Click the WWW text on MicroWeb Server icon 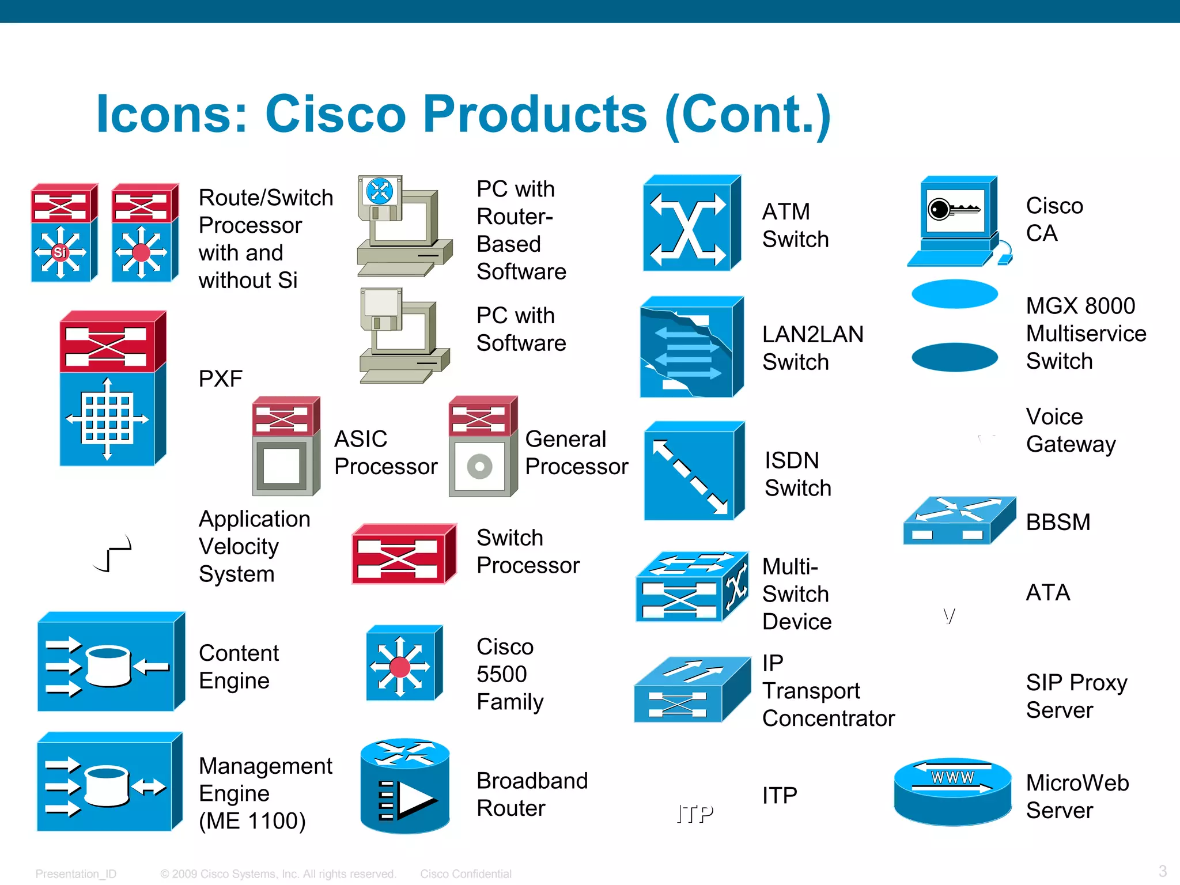pyautogui.click(x=952, y=777)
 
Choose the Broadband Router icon pyautogui.click(x=404, y=786)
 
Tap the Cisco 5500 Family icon pyautogui.click(x=403, y=664)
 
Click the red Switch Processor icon pyautogui.click(x=403, y=554)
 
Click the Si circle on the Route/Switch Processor pyautogui.click(x=60, y=252)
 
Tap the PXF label pyautogui.click(x=220, y=379)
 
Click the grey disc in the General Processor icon pyautogui.click(x=479, y=466)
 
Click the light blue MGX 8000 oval pyautogui.click(x=954, y=294)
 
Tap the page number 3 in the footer pyautogui.click(x=1162, y=871)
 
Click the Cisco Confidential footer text pyautogui.click(x=466, y=874)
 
